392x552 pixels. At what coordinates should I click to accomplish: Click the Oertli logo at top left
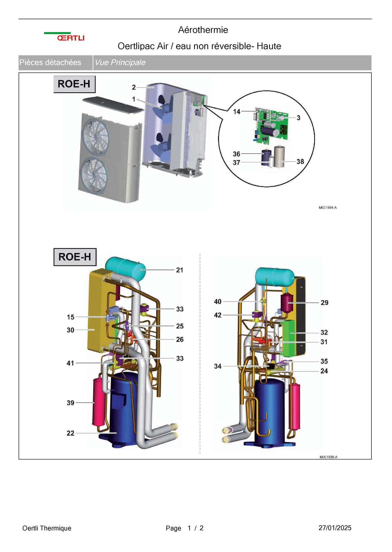coord(64,37)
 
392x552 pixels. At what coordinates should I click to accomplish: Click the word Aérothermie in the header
coord(203,30)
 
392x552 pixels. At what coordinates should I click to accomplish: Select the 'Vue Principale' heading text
coord(120,63)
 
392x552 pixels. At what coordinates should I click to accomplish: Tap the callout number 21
coord(180,270)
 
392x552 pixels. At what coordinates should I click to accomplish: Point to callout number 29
coord(324,303)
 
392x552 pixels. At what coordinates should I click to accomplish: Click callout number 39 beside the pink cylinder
coord(70,403)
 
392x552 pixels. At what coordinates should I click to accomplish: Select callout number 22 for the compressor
coord(70,433)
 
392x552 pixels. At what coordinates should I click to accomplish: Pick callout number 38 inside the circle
coord(300,161)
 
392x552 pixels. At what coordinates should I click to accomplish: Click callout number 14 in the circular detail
coord(237,112)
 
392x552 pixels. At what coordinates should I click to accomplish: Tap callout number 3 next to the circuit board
coord(298,118)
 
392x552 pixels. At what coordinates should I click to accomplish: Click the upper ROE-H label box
coord(74,84)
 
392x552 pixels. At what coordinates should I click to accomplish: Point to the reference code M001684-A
coord(328,208)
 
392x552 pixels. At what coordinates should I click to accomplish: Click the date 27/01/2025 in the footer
coord(335,528)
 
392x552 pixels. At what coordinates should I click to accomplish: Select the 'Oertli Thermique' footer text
coord(47,528)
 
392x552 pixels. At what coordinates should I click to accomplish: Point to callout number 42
coord(218,315)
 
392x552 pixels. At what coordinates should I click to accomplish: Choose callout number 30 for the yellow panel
coord(70,330)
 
